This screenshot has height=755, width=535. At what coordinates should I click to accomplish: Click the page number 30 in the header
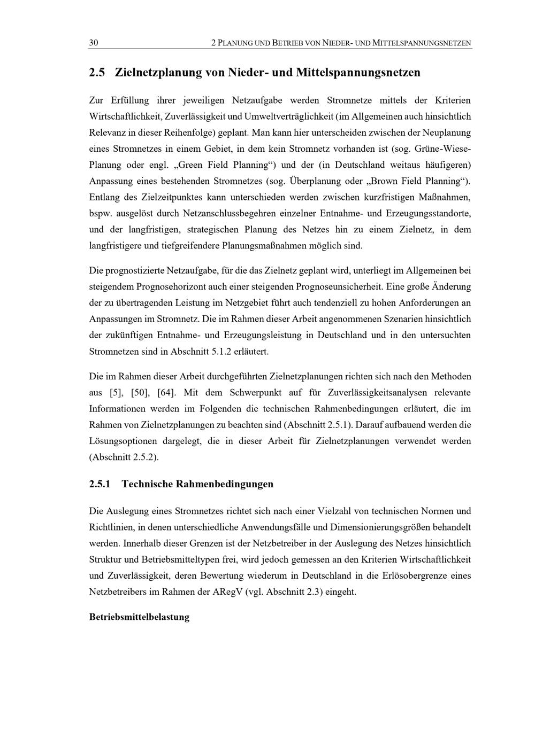point(94,43)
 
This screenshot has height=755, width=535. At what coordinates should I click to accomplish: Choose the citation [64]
point(166,392)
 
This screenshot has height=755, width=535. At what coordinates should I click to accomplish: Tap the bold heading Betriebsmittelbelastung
point(140,617)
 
